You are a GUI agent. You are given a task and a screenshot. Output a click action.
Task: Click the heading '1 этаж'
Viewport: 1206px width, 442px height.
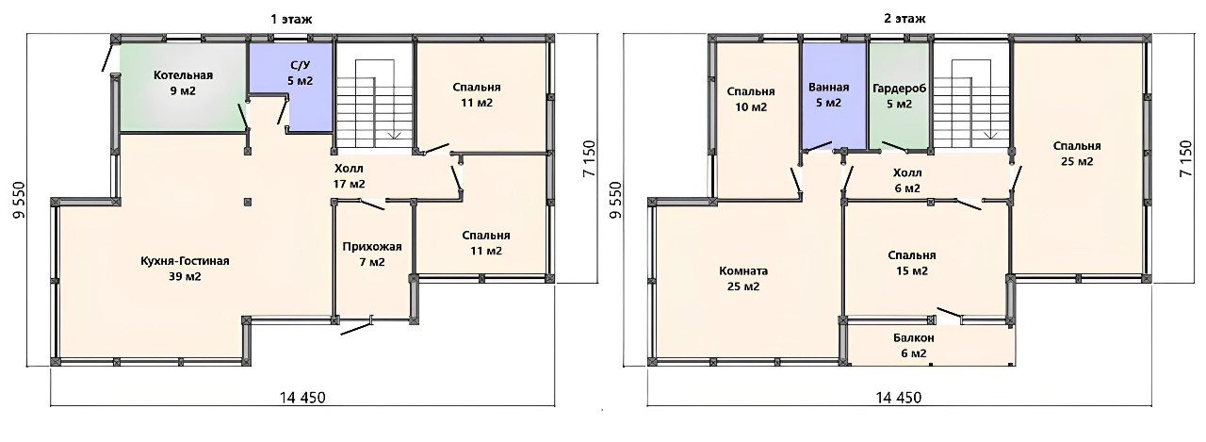291,19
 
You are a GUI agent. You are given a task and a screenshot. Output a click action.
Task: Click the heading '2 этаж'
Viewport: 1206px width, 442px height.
904,18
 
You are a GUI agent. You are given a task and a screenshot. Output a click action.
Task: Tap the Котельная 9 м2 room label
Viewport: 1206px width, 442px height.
183,83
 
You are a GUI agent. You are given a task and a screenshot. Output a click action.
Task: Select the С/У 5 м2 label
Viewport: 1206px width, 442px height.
300,74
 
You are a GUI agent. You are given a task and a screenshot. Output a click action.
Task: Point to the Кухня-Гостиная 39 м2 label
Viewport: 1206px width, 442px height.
185,269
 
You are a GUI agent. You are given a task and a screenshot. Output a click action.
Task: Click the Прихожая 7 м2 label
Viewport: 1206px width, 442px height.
372,254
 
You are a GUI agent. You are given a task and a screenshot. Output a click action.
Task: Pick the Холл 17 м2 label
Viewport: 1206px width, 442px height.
349,176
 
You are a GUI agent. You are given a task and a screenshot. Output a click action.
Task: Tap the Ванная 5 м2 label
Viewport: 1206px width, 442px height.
828,95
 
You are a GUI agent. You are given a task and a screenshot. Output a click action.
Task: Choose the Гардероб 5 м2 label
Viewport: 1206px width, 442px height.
899,96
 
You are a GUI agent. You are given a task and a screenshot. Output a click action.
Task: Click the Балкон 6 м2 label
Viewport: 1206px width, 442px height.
913,346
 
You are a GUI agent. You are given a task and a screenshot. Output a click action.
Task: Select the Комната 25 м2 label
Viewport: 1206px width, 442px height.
743,278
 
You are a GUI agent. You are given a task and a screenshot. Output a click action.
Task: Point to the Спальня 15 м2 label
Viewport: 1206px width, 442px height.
911,263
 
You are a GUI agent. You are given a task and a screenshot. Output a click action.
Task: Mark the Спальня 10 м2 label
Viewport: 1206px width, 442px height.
751,99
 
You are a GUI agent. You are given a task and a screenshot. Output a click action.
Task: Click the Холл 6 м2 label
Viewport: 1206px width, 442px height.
907,180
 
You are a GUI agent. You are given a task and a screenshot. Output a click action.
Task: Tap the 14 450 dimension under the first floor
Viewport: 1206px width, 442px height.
302,398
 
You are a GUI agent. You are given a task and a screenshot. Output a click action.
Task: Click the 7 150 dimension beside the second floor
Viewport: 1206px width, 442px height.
1185,158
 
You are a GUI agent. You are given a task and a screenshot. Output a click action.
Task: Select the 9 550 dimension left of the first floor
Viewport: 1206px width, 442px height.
20,200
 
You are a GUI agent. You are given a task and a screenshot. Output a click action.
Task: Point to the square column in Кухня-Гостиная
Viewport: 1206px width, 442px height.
248,203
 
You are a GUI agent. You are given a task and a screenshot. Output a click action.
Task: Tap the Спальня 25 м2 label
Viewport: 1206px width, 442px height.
1077,154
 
